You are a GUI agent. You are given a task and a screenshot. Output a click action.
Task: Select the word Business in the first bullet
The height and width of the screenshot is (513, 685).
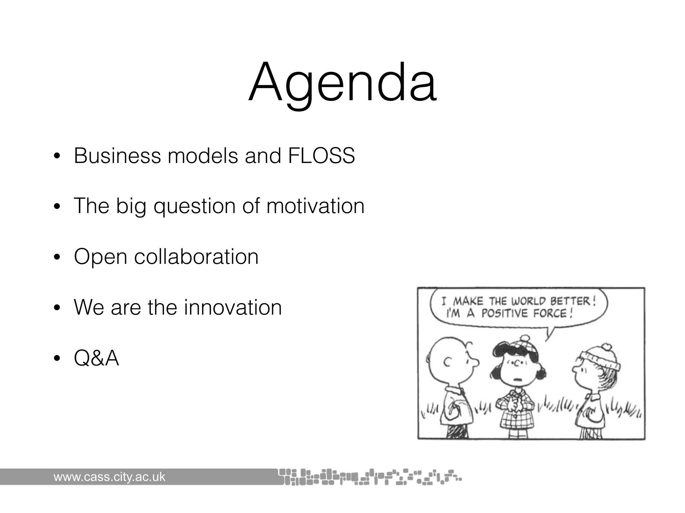pos(117,156)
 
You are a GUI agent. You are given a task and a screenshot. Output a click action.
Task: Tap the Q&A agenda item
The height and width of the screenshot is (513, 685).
pos(96,358)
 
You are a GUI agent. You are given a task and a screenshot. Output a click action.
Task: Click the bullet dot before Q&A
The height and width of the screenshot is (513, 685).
pos(57,359)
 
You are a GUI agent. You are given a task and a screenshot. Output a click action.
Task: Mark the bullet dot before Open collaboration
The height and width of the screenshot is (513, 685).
pos(57,257)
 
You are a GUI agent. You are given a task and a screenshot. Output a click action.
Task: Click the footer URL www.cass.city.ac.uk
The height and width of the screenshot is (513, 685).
pos(109,477)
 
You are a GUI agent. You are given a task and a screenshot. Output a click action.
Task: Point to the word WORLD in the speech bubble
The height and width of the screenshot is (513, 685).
pos(529,301)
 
